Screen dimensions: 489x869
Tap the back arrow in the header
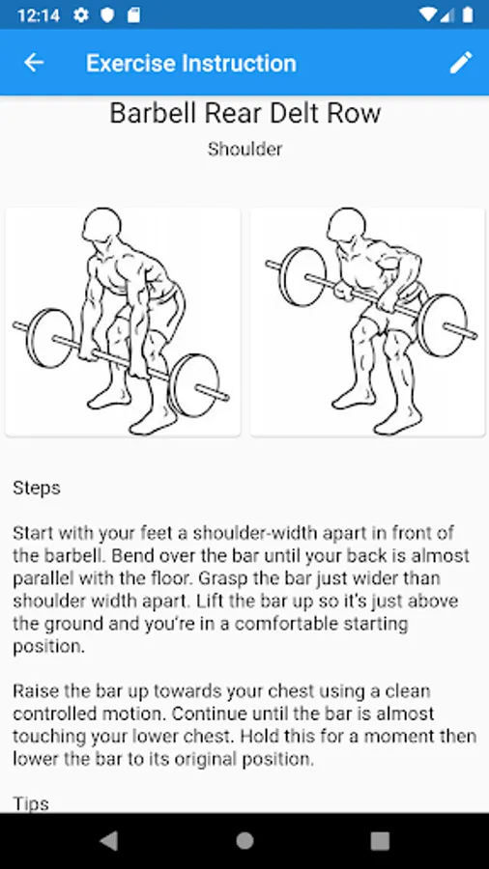point(34,63)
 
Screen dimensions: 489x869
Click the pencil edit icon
point(461,63)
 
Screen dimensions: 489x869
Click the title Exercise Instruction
point(191,63)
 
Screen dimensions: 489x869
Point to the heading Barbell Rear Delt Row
point(245,113)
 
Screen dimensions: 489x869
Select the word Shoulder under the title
point(245,149)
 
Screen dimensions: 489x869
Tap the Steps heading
point(37,489)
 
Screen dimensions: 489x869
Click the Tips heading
point(31,804)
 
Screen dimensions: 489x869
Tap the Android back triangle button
point(108,841)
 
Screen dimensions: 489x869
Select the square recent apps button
point(380,841)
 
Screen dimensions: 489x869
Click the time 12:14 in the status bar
point(39,14)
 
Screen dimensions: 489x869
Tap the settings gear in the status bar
point(81,15)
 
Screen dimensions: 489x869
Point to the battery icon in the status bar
point(468,14)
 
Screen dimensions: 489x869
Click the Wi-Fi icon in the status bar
point(427,14)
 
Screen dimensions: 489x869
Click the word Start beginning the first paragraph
point(33,534)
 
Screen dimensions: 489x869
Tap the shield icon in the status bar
point(107,15)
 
